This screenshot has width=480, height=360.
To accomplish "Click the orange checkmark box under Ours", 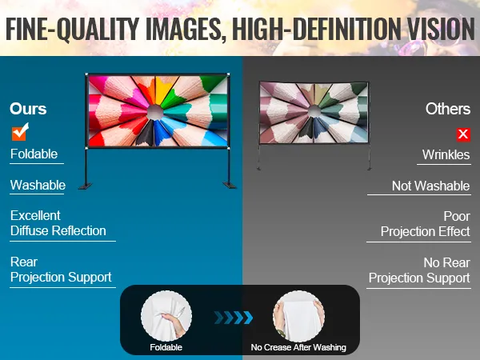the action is (19, 133).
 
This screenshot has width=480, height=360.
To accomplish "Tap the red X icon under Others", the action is (463, 134).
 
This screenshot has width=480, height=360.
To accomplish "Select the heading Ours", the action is (28, 109).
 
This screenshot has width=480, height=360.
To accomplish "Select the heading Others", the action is (448, 109).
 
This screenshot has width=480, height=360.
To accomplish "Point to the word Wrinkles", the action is (446, 154).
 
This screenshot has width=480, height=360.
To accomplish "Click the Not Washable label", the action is (430, 186).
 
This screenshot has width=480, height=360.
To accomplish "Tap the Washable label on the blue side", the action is (38, 185).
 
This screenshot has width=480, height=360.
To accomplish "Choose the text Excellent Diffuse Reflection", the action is (58, 223).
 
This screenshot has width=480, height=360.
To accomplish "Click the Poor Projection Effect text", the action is (426, 224).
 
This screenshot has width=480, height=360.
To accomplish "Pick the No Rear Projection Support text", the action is (419, 270).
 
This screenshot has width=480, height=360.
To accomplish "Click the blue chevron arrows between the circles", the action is (234, 318).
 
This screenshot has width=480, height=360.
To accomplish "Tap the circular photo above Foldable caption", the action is (166, 316).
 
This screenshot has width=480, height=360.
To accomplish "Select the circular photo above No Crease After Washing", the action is (298, 316).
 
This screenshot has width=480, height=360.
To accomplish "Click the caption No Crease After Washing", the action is (298, 347).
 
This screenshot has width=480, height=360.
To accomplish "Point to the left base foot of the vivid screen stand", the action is (85, 186).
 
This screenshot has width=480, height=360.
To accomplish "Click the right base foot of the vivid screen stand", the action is (230, 186).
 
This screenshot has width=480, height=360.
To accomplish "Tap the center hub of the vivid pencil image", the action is (155, 112).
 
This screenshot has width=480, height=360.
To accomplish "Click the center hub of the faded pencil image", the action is (314, 111).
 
